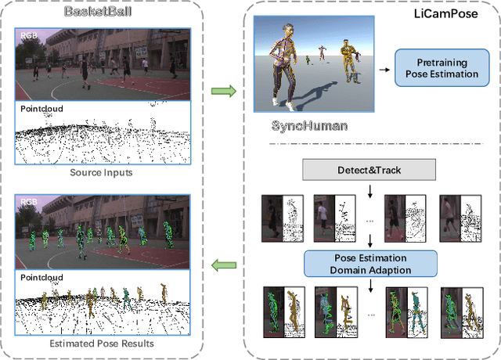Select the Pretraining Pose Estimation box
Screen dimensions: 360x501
[x=437, y=69]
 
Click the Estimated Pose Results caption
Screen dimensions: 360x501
[x=102, y=343]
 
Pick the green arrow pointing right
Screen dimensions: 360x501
[x=224, y=92]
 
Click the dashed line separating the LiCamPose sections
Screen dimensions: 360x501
[x=368, y=144]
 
